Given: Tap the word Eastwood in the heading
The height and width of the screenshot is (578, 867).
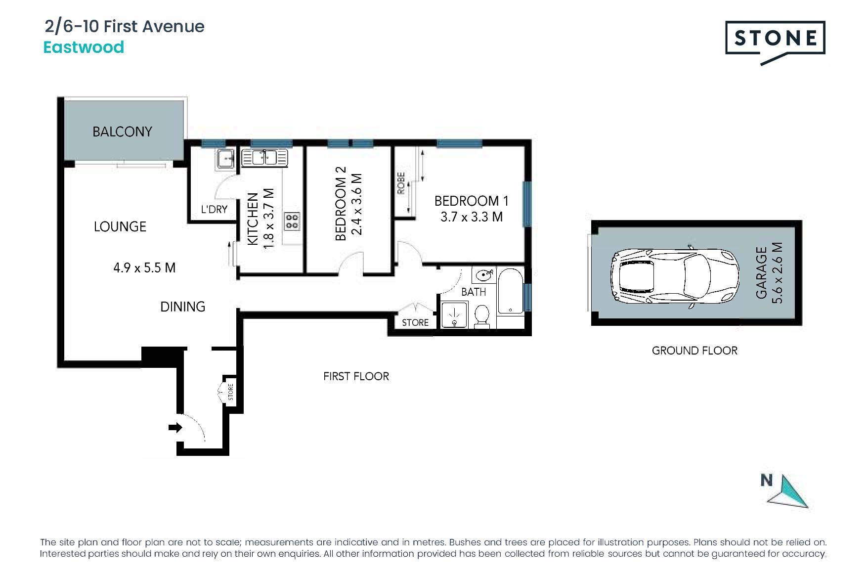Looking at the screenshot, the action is (84, 47).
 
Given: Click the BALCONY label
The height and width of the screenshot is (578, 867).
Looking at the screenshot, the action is (122, 132).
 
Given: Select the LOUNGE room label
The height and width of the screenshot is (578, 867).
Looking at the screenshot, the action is (120, 226).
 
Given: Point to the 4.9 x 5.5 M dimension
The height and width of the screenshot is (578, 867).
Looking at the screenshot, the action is (144, 267).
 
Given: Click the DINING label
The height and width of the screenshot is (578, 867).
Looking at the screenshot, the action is (182, 307).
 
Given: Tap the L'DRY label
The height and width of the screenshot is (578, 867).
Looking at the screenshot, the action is (214, 209).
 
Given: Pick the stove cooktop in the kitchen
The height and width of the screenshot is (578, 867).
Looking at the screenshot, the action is (292, 221).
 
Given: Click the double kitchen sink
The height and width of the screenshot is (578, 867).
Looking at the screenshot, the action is (264, 158).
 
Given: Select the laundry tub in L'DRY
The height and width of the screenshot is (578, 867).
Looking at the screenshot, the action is (225, 159).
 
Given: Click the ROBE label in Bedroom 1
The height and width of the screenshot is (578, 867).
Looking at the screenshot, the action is (401, 183).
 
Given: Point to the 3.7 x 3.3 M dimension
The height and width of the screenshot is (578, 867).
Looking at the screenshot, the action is (472, 217).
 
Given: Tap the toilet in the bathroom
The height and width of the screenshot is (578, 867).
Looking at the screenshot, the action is (481, 316).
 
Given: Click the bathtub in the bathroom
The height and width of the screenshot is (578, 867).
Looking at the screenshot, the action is (510, 291).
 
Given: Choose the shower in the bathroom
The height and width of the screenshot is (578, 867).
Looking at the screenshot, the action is (454, 315).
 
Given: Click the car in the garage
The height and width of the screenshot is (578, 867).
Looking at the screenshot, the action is (675, 276).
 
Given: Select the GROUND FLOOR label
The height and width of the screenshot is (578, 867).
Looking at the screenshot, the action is (694, 351).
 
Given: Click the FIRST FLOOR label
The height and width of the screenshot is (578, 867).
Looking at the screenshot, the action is (356, 376).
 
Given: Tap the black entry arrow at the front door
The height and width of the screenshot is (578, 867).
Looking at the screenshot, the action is (175, 427).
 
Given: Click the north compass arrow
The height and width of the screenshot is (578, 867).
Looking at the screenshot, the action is (790, 492).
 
